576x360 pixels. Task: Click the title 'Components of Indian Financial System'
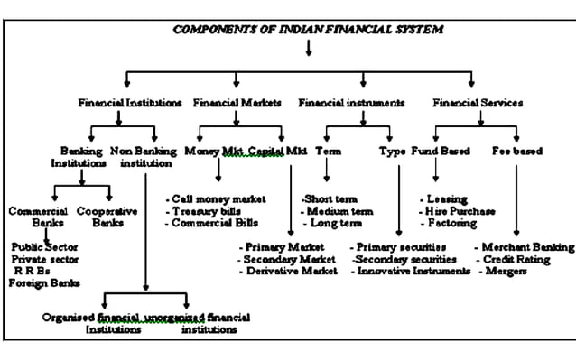tap(308, 30)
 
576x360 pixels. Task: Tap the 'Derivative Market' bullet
tap(289, 270)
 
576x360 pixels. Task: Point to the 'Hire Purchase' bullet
tap(458, 210)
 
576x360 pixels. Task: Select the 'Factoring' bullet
tap(451, 222)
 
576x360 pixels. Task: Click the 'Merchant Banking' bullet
tap(524, 246)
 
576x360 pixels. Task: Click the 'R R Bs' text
tap(31, 270)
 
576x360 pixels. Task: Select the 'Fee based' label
tap(517, 151)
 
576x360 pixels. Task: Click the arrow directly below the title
tap(308, 48)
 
